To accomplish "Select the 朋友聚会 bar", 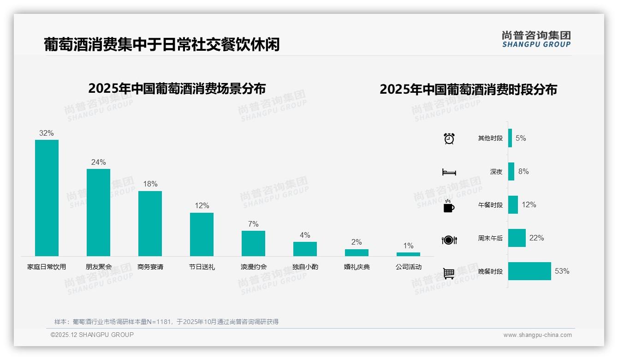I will click(x=98, y=212).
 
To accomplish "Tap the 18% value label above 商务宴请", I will click(x=150, y=184).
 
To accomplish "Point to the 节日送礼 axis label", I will click(x=202, y=267).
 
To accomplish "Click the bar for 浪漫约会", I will click(x=253, y=243).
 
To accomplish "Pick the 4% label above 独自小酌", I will click(x=305, y=235).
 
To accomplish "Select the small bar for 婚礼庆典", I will click(x=357, y=252).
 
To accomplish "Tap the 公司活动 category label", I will click(x=408, y=267).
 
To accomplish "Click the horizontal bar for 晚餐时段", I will click(x=529, y=271).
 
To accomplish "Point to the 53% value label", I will click(x=562, y=271).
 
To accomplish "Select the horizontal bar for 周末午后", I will click(x=517, y=238).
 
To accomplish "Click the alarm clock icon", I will click(x=449, y=138).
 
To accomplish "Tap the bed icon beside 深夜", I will click(x=449, y=172).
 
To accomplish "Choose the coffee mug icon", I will click(x=448, y=206).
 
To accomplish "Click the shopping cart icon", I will click(x=449, y=273).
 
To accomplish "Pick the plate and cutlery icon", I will click(x=449, y=240).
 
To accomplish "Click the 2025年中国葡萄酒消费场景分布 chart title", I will click(x=177, y=89).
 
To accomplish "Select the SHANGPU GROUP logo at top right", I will click(x=536, y=39).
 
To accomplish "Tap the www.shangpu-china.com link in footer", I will click(x=537, y=335).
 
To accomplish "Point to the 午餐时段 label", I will click(x=490, y=205).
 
